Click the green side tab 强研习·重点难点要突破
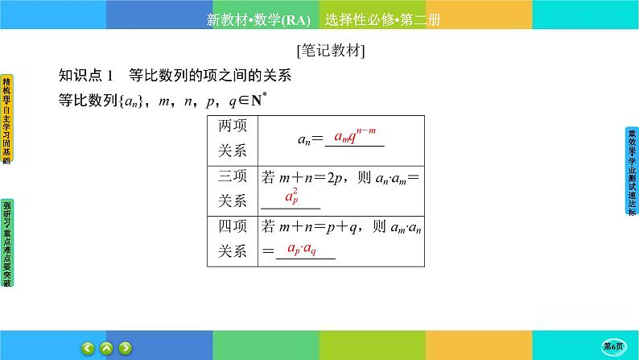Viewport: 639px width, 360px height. [6, 242]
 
